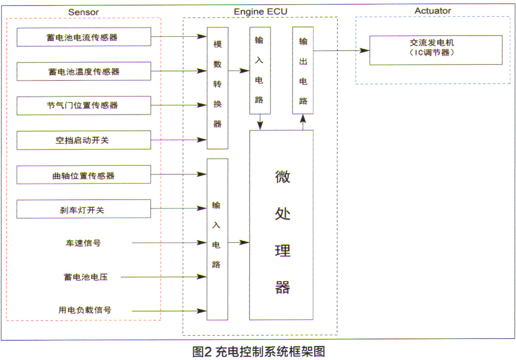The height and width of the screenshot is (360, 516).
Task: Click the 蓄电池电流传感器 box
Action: pos(84,37)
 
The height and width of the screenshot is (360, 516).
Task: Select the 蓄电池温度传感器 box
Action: pos(84,71)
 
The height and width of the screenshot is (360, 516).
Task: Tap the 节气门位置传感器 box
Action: pos(84,105)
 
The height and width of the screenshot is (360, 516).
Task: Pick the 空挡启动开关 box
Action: pos(84,140)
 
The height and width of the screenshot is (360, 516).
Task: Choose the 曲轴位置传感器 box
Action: pos(84,175)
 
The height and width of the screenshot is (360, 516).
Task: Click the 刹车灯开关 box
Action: pos(84,209)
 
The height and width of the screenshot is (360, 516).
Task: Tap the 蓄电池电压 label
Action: pos(85,277)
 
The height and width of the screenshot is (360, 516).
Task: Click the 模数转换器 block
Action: pos(217,88)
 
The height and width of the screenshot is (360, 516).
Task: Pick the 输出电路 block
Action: pos(303,71)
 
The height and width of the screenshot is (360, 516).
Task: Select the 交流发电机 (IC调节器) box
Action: pos(436,50)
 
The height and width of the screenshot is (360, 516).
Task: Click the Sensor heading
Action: pos(84,12)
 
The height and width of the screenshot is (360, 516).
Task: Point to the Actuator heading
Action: pos(433,11)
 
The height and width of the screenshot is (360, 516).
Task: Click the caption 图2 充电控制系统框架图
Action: pos(259,352)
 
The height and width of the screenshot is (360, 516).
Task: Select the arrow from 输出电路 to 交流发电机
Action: pos(341,50)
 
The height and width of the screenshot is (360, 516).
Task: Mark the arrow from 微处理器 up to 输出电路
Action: pos(303,122)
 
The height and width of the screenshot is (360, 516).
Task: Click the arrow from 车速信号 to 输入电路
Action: pos(169,243)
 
